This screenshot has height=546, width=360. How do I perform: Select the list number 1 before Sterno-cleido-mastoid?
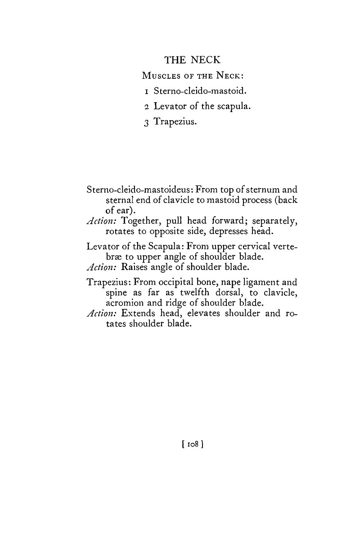pos(147,91)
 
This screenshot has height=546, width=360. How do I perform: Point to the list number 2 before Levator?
pos(147,107)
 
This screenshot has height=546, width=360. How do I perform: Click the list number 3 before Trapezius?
pos(147,122)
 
